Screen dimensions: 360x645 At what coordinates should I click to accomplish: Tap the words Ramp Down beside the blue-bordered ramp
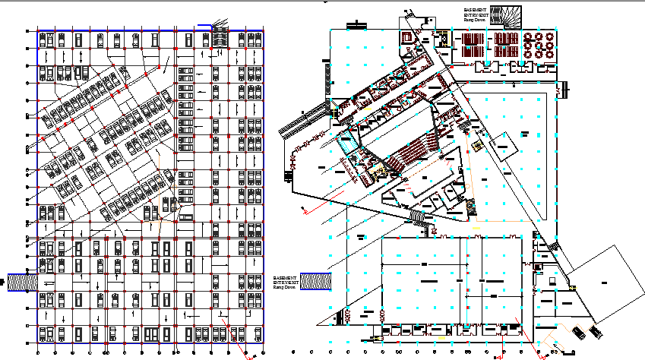(x=287, y=288)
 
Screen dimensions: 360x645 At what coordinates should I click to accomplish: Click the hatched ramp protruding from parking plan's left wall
(x=23, y=280)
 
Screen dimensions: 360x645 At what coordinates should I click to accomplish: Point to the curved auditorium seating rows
(x=417, y=152)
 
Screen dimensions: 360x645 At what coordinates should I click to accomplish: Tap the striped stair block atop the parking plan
(x=220, y=37)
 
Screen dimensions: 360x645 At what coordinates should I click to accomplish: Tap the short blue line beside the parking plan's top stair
(x=204, y=27)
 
